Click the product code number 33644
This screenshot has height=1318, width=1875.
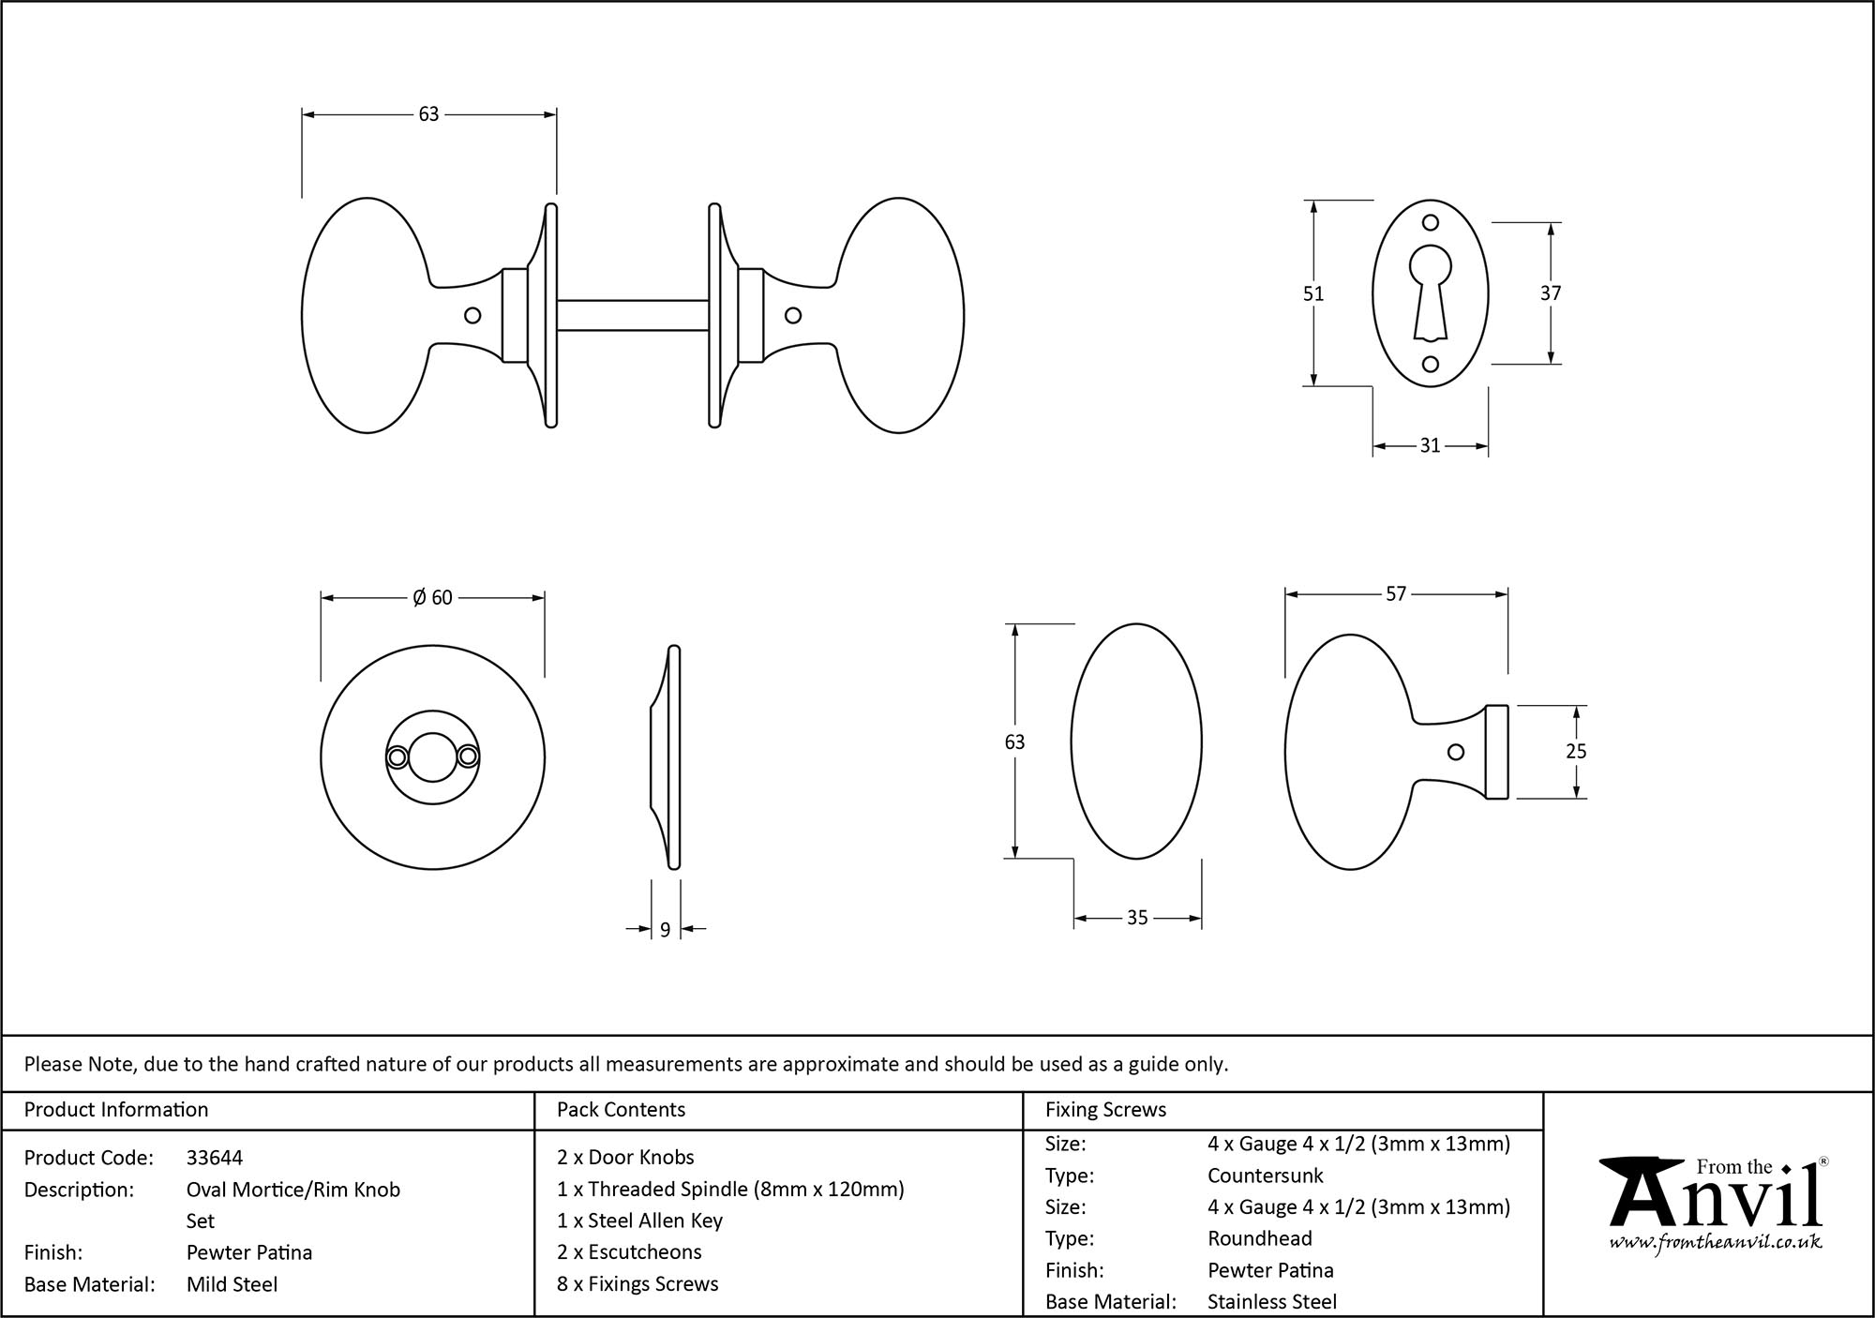[x=215, y=1158]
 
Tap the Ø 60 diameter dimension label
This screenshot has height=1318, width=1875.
[x=432, y=598]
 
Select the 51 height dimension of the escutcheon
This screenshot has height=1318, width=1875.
[x=1312, y=293]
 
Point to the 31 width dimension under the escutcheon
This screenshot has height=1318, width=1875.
[x=1429, y=446]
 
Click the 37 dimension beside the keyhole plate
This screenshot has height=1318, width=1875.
[x=1550, y=293]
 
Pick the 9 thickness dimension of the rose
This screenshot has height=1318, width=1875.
[x=665, y=930]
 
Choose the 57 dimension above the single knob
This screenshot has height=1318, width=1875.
[x=1395, y=594]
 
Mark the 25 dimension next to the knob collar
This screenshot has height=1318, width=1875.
[x=1576, y=751]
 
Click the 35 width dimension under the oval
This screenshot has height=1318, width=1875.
[x=1136, y=919]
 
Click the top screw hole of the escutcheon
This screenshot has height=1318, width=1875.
[x=1430, y=223]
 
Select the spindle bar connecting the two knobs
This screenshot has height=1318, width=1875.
[x=633, y=315]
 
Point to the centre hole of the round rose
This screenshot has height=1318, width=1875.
[x=432, y=757]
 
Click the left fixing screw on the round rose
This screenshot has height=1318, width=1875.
[x=397, y=756]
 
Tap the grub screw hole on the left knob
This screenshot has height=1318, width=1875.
[x=472, y=316]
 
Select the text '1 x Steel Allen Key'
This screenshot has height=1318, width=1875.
[x=639, y=1221]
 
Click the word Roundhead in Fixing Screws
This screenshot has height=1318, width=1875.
[x=1259, y=1238]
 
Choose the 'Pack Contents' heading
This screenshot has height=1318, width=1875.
[x=621, y=1110]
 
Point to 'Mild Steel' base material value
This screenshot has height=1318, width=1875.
[x=232, y=1284]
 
